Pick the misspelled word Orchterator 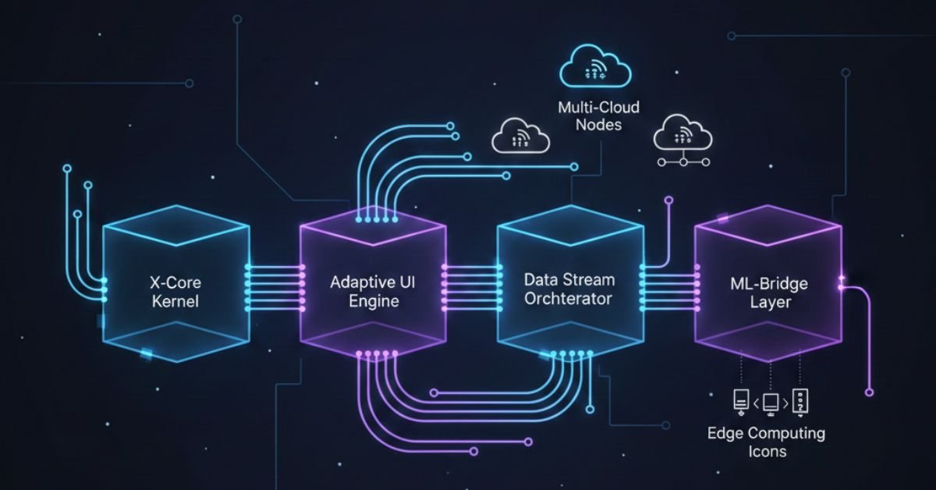point(569,300)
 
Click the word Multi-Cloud point(598,106)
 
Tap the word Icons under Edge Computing point(766,451)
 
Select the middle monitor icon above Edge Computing point(770,403)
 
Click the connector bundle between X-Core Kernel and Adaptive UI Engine point(275,283)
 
